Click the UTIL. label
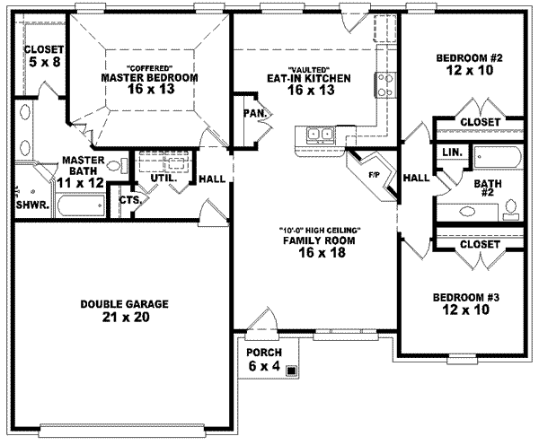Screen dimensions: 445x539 click(x=164, y=178)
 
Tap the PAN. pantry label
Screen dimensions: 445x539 click(x=252, y=113)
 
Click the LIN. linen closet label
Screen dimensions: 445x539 click(x=452, y=153)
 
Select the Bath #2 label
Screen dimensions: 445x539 click(x=486, y=188)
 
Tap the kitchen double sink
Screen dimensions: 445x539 click(x=318, y=135)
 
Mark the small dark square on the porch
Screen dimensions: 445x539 click(x=291, y=368)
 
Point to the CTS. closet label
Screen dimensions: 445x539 click(x=129, y=200)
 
